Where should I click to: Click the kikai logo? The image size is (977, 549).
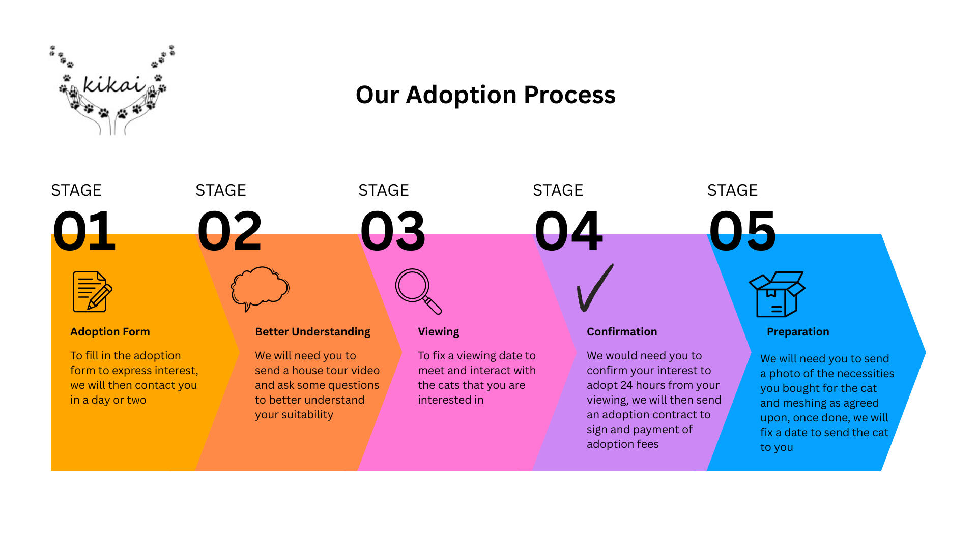(112, 90)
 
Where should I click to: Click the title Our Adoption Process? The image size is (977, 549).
(485, 95)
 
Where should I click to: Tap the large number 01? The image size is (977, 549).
(84, 231)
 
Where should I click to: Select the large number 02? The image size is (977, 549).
(229, 231)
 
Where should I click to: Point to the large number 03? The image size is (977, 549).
(392, 231)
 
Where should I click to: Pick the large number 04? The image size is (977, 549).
(568, 231)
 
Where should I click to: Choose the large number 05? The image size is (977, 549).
(742, 231)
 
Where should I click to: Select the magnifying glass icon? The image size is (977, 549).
(418, 291)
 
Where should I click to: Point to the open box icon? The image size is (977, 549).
(777, 294)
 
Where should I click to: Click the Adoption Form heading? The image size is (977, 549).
(110, 332)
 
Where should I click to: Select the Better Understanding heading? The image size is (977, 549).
(312, 332)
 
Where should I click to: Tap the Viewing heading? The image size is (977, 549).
(438, 332)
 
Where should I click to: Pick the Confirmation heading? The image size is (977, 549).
(622, 332)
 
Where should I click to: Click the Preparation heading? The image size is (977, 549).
(798, 332)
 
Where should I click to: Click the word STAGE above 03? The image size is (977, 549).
(384, 190)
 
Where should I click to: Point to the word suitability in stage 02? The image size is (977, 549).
(307, 415)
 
